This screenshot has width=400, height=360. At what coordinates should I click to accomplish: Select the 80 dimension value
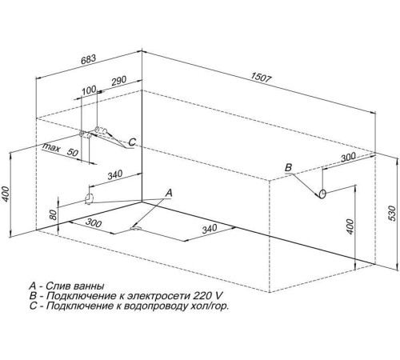(53, 214)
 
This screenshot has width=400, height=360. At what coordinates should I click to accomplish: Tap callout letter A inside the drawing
(168, 192)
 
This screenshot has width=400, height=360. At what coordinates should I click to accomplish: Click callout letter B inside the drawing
(290, 167)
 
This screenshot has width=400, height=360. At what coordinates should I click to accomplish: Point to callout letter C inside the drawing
(132, 142)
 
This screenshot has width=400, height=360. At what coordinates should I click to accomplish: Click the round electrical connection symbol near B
(321, 194)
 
